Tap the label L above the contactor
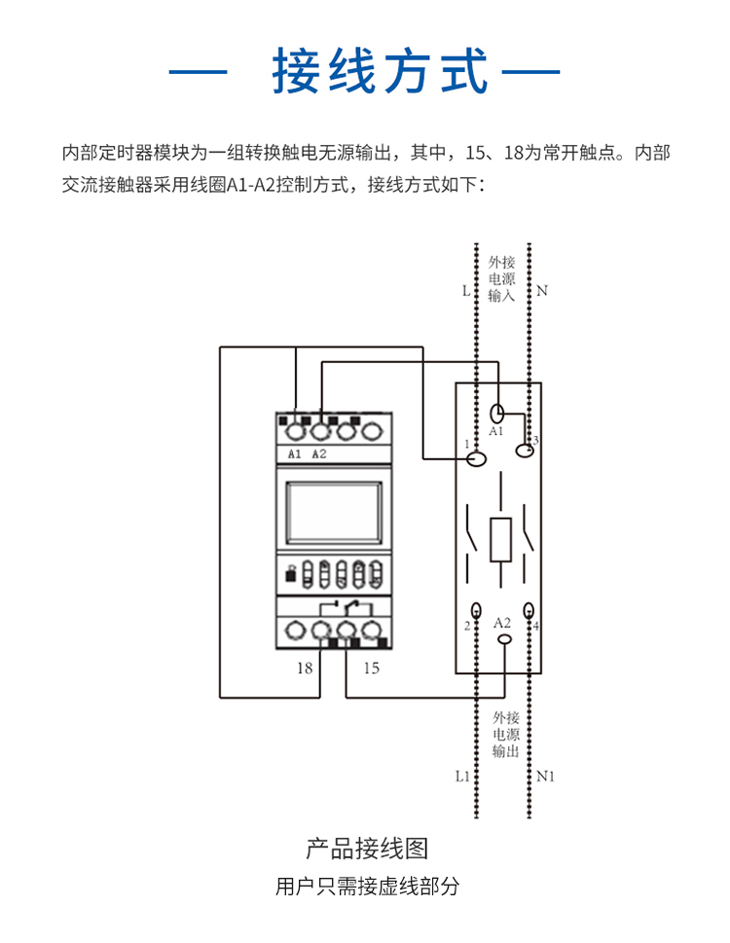465,291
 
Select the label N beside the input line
542,291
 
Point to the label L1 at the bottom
462,777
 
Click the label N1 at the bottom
546,777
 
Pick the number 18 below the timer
305,668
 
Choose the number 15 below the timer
371,668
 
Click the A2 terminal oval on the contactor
504,639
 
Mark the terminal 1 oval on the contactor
477,456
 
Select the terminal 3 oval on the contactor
528,447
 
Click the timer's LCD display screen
333,513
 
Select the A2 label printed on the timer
319,454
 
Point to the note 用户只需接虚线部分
367,887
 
